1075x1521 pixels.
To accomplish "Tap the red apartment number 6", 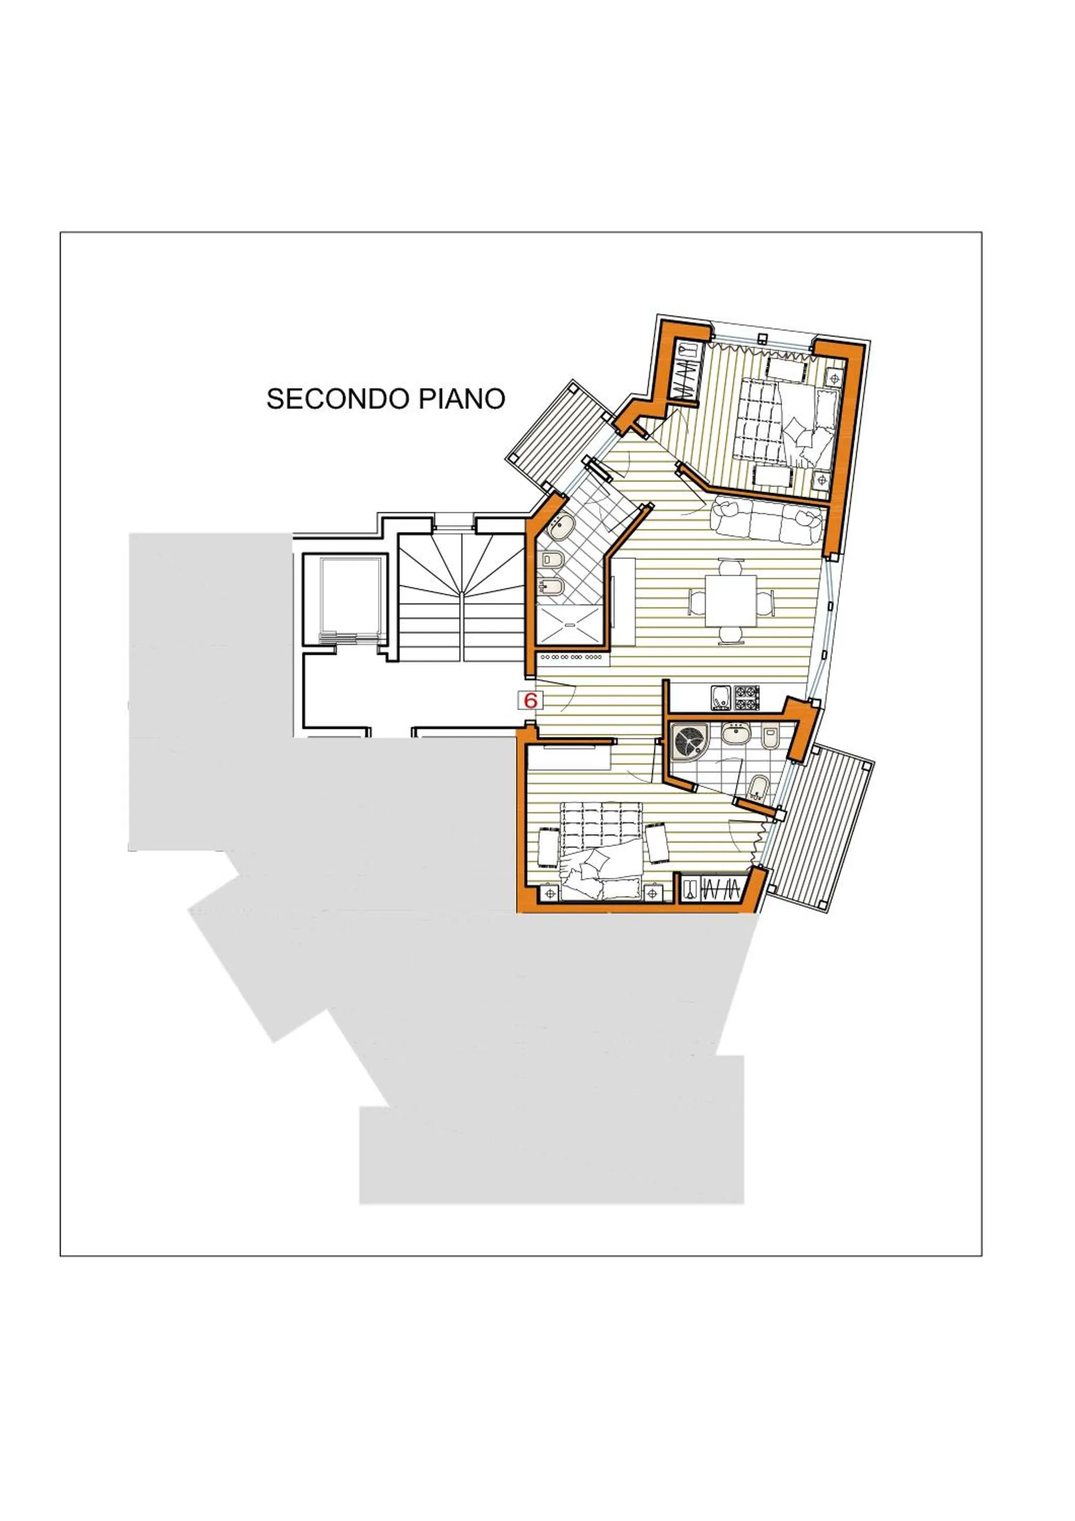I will coord(530,700).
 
